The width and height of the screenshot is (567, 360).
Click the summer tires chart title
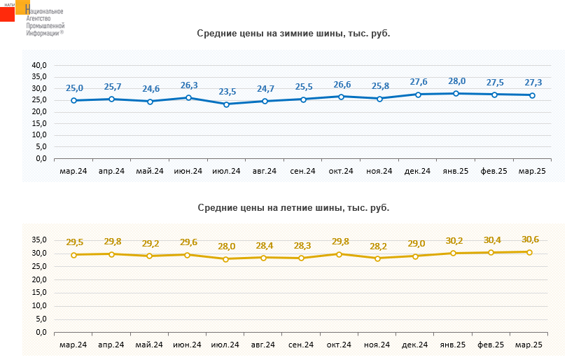pos(293,207)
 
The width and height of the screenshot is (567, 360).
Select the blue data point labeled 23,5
pos(226,104)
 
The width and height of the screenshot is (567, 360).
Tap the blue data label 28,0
pos(456,81)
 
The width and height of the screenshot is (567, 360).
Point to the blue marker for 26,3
pos(188,98)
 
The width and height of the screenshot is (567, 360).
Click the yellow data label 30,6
pos(530,240)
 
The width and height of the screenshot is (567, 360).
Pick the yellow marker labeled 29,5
pos(73,255)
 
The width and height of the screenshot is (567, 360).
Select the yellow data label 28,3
pos(302,245)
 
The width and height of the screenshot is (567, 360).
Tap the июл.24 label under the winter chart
pos(226,171)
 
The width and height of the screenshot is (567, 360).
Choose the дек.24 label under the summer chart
pos(416,345)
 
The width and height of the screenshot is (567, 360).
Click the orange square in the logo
pos(23,6)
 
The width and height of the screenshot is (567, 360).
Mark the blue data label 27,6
pos(418,83)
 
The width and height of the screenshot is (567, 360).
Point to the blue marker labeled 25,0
pos(73,101)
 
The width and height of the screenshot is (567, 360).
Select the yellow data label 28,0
pos(226,247)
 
